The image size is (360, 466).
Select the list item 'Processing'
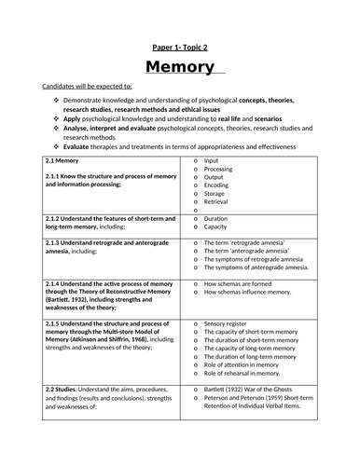pyautogui.click(x=222, y=169)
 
